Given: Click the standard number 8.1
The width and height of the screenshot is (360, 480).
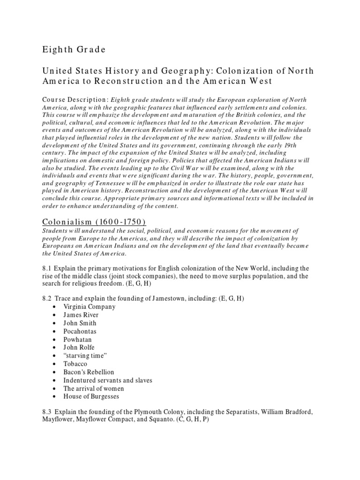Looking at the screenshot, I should (47, 268).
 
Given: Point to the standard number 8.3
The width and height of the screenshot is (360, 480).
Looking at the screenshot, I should (47, 412).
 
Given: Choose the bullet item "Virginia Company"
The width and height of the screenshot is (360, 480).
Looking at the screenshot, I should (90, 307).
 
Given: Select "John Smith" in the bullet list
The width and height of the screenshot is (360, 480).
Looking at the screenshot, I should (80, 323).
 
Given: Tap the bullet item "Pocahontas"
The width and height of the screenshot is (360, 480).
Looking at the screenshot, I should (80, 331).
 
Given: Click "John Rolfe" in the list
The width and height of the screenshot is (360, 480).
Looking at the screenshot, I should (79, 347).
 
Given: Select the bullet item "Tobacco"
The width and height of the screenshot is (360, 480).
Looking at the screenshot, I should (76, 364).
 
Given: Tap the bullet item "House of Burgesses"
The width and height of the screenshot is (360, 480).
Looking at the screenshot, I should (91, 397).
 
